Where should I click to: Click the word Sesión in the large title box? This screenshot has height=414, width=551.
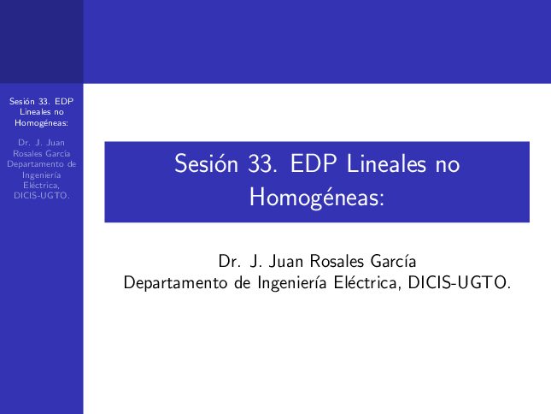[x=206, y=163]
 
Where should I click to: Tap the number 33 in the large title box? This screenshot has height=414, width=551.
[x=260, y=164]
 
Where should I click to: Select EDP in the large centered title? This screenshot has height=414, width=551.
[x=314, y=163]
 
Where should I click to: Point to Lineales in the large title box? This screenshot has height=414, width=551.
[x=386, y=163]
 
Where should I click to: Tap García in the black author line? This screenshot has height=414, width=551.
[x=394, y=262]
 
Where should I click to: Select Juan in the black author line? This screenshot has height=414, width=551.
[x=286, y=262]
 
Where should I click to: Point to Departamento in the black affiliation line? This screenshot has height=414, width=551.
[x=175, y=283]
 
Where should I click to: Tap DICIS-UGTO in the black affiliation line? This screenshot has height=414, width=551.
[x=457, y=283]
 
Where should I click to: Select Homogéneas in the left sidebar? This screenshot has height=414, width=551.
[x=40, y=123]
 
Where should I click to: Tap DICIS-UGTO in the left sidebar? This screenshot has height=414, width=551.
[x=40, y=196]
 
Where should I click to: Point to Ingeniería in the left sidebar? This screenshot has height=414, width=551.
[x=42, y=175]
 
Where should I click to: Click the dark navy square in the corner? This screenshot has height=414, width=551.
[x=42, y=42]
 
